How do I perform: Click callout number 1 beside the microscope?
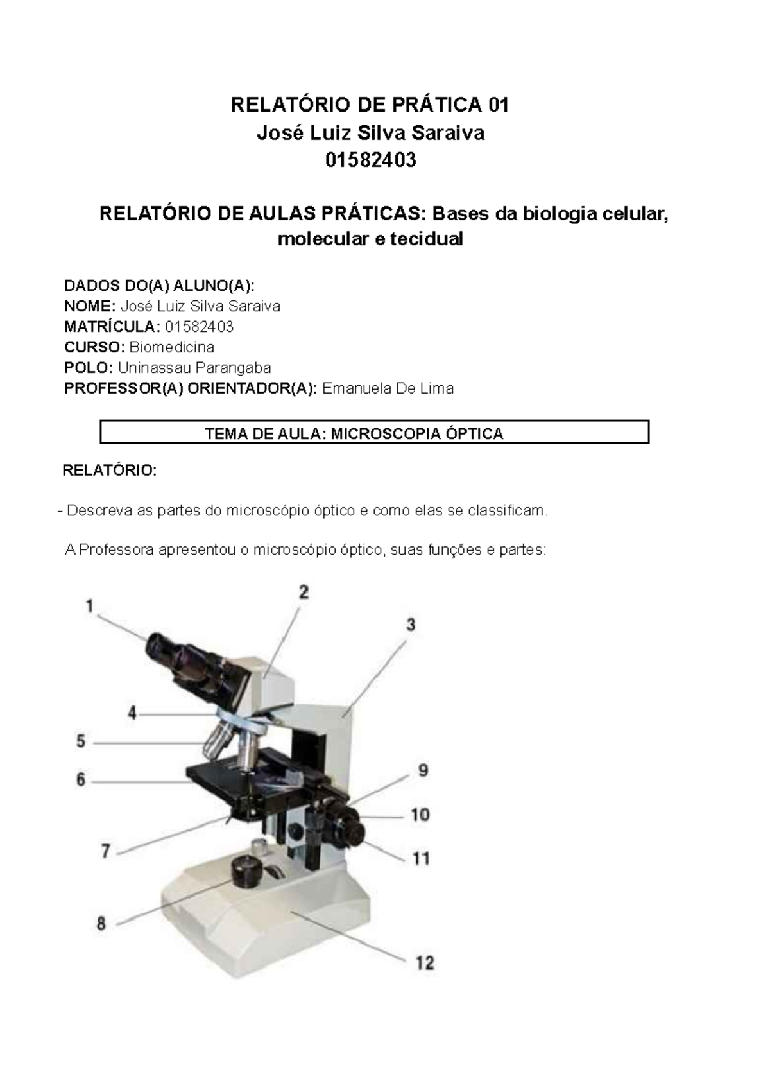(90, 605)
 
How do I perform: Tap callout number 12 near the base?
(425, 962)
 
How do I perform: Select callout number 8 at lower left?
(101, 924)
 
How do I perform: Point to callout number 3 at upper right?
(410, 624)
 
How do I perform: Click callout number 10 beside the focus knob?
(420, 815)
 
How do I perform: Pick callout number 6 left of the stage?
(81, 780)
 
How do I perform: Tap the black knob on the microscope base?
(247, 870)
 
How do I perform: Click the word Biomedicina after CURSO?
(172, 347)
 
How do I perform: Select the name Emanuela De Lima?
(388, 388)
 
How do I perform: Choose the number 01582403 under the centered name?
(370, 160)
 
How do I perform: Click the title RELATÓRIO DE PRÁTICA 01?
(370, 105)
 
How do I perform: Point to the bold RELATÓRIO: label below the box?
(109, 471)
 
